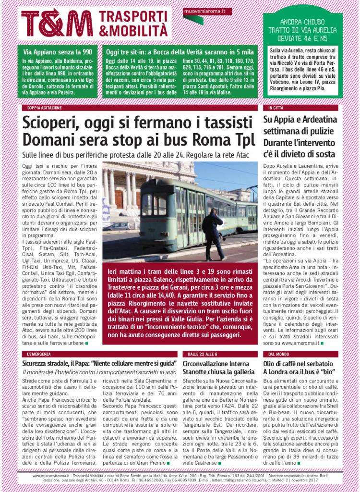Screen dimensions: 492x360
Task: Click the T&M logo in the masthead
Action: [57, 23]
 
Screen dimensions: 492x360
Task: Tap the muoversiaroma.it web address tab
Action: [208, 10]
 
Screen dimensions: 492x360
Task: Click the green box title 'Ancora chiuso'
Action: [302, 22]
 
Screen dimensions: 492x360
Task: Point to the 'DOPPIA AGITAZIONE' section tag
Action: [41, 108]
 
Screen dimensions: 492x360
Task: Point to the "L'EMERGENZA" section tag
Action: [38, 354]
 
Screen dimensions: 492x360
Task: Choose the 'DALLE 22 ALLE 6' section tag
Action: [199, 354]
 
